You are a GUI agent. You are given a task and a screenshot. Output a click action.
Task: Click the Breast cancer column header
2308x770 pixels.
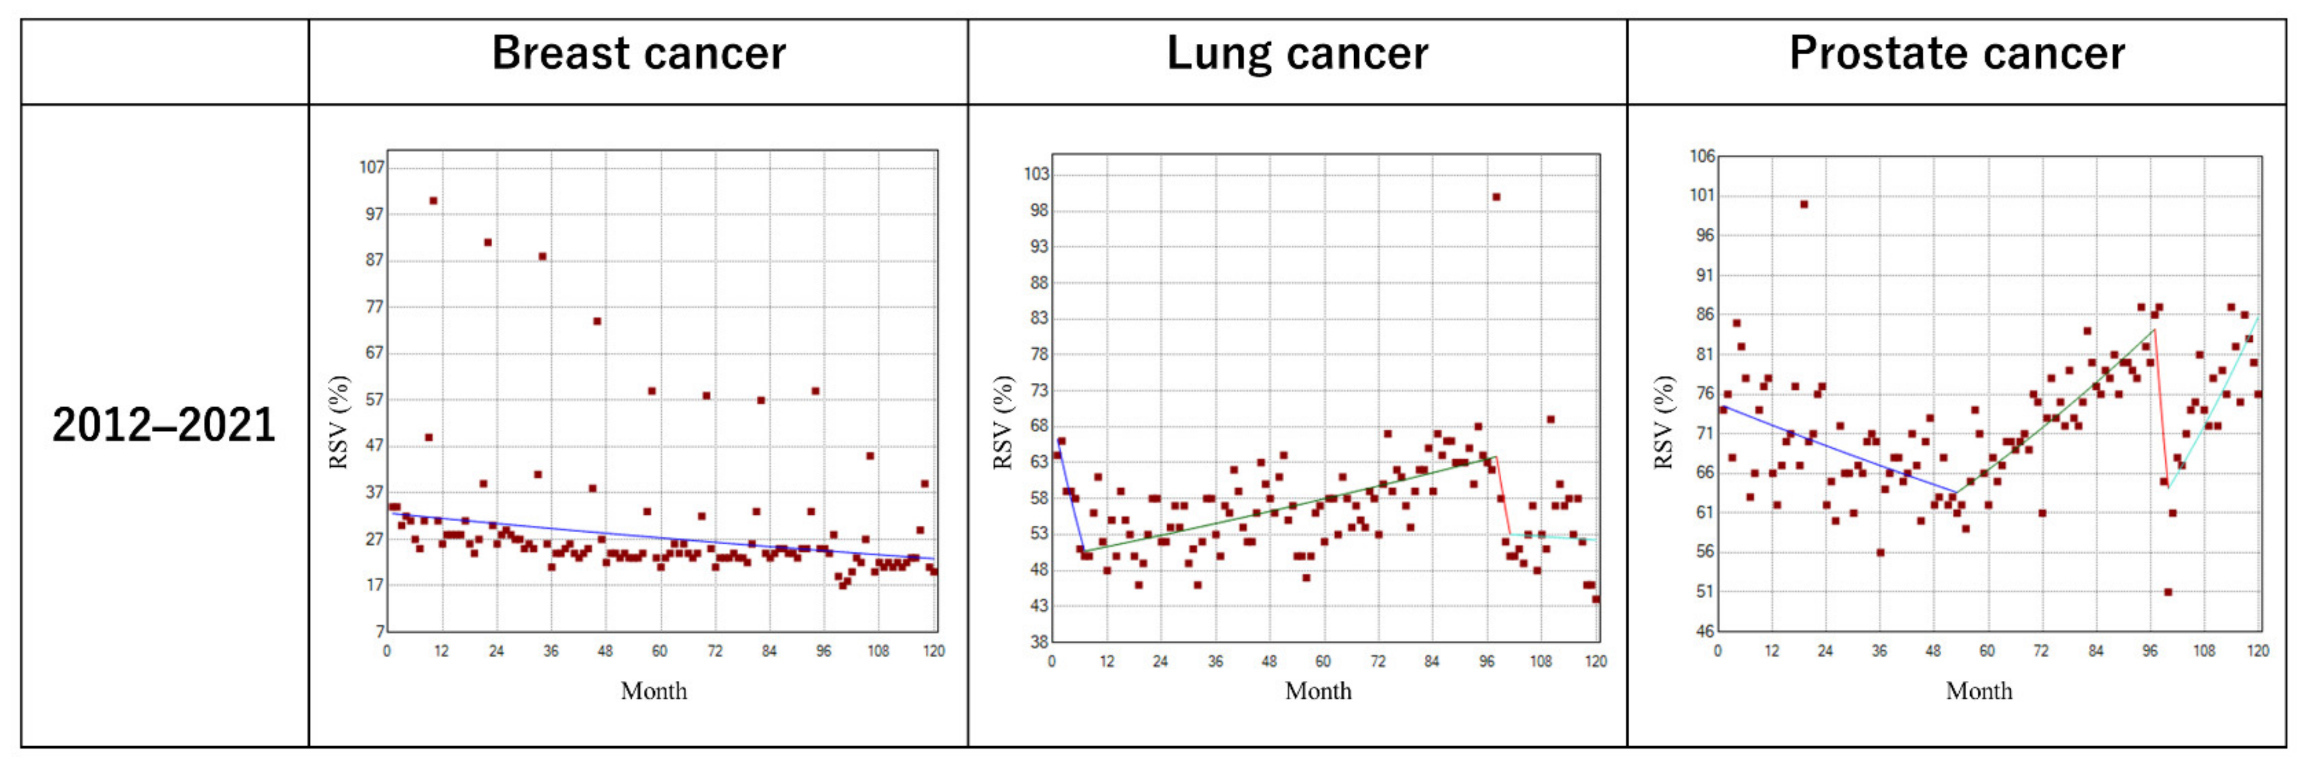(x=638, y=54)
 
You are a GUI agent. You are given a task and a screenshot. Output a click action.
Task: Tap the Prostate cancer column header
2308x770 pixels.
(x=1956, y=54)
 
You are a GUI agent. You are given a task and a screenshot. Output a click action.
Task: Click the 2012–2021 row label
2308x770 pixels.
(x=164, y=425)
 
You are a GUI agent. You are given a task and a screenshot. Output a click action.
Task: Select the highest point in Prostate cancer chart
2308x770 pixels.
(x=1804, y=205)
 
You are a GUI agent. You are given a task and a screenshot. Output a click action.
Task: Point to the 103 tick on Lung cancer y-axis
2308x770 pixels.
(x=1036, y=174)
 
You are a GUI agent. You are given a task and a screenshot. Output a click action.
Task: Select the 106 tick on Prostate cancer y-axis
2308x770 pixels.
(x=1703, y=156)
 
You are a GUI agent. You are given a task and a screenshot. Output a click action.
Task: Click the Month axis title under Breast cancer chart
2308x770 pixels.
(x=654, y=691)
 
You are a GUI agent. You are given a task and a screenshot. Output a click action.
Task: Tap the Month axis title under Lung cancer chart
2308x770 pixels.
(x=1318, y=691)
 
